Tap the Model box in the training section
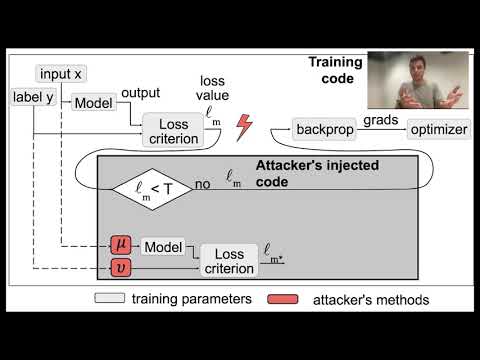click(92, 103)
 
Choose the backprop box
click(325, 130)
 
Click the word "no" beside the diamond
click(203, 185)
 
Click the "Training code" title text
click(334, 70)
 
